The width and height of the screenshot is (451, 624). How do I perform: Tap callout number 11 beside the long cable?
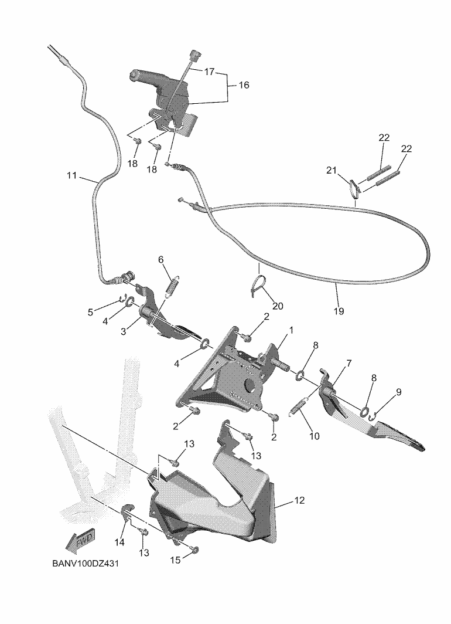point(71,175)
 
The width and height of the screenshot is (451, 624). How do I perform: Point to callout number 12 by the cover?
point(299,501)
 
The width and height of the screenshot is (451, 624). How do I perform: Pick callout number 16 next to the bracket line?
point(244,85)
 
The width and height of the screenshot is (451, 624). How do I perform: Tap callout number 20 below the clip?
point(277,306)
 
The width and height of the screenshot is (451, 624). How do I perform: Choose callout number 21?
point(332,171)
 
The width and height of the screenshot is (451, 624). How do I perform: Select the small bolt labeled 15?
point(195,550)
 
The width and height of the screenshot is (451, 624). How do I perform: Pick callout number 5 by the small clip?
point(91,312)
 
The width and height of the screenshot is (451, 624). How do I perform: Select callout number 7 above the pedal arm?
point(348,364)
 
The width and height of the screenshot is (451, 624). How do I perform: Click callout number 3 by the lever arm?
point(124,331)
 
